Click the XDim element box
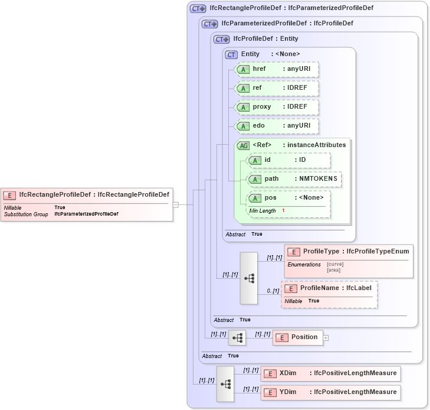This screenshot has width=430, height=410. click(330, 373)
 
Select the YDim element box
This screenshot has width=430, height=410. click(330, 392)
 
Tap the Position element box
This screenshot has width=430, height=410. click(298, 337)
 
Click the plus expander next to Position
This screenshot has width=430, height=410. click(326, 338)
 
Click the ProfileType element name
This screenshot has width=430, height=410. click(322, 252)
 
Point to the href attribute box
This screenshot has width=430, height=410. click(277, 69)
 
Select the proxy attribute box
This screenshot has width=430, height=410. click(277, 107)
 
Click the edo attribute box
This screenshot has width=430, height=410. click(277, 126)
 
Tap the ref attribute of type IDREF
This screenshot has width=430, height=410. click(277, 88)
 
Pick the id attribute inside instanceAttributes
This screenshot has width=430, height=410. click(288, 160)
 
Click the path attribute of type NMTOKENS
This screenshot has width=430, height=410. click(294, 179)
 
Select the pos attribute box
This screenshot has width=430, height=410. click(288, 198)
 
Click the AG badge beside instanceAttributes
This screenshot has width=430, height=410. click(243, 145)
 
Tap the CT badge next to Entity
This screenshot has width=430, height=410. click(231, 54)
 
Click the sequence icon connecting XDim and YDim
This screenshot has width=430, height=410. click(225, 383)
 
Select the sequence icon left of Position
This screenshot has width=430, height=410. click(237, 338)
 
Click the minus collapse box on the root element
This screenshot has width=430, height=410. click(175, 204)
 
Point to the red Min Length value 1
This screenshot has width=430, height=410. click(283, 211)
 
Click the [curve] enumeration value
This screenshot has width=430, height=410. click(335, 264)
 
